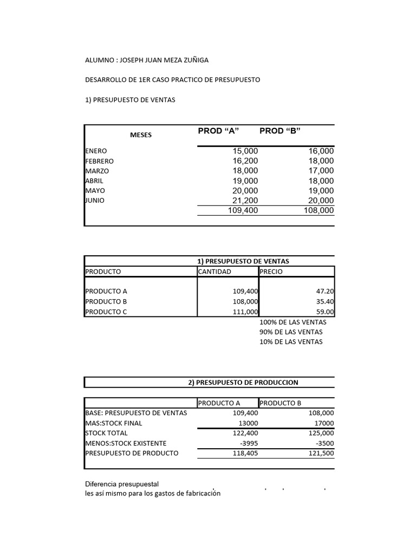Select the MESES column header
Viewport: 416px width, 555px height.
coord(141,134)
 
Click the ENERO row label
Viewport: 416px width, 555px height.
coord(96,151)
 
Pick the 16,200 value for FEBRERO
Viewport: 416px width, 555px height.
coord(245,161)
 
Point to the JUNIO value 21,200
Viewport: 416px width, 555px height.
coord(245,201)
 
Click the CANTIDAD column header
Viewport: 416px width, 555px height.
coord(214,272)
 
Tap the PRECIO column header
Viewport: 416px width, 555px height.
coord(271,272)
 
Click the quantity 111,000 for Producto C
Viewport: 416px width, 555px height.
coord(245,312)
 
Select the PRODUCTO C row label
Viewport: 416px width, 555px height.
coord(106,312)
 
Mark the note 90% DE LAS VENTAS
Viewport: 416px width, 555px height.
coord(291,332)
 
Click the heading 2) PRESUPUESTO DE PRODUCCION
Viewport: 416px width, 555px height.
coord(243,382)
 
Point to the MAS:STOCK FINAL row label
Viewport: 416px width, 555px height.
coord(114,423)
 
